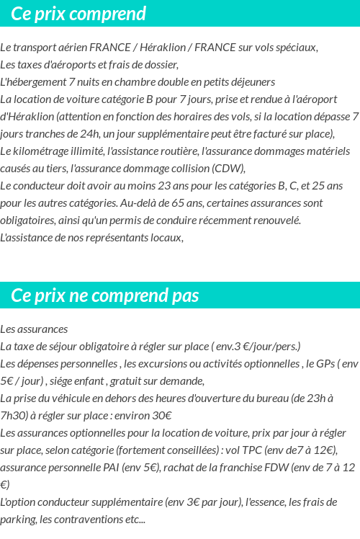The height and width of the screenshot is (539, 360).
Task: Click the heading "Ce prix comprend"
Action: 78,14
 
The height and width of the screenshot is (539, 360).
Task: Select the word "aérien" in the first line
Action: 68,48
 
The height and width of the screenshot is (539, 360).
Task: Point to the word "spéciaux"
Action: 296,48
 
